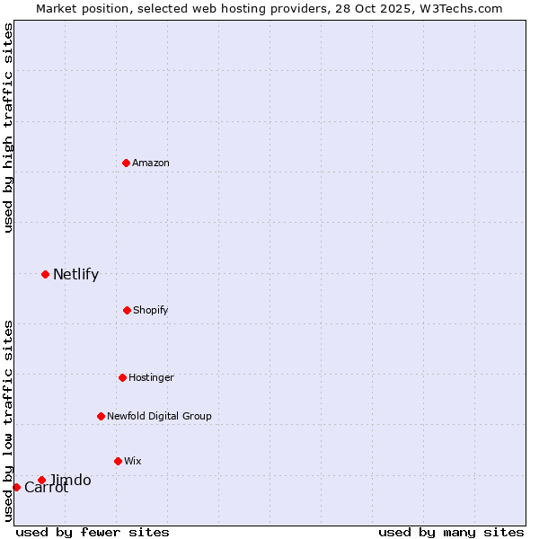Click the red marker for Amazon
click(x=126, y=163)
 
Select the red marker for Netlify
click(x=45, y=274)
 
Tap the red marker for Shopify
click(x=127, y=310)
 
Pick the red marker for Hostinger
click(x=122, y=377)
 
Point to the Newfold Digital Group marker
click(x=101, y=416)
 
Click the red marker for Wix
click(x=118, y=461)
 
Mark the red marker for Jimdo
click(x=41, y=480)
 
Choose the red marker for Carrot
click(x=16, y=487)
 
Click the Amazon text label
click(x=151, y=163)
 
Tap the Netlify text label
click(x=75, y=275)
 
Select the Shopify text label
click(x=151, y=310)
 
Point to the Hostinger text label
click(x=151, y=377)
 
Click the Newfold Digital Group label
click(x=159, y=416)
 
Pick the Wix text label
click(x=133, y=461)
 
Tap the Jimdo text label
click(x=70, y=481)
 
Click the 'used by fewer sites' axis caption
click(x=93, y=532)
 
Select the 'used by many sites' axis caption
click(x=451, y=532)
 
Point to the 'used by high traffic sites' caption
click(x=8, y=128)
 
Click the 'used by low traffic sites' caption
click(x=8, y=420)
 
